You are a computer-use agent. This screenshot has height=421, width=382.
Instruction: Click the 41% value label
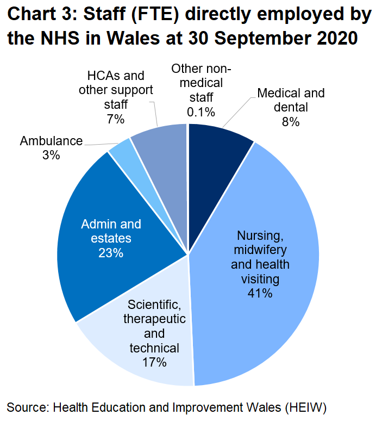(259, 294)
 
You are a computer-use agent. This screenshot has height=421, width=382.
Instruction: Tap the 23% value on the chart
(111, 253)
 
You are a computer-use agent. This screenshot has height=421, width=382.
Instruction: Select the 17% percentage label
(154, 362)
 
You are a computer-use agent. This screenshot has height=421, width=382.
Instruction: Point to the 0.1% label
(201, 112)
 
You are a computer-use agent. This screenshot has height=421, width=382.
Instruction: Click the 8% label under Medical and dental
(291, 122)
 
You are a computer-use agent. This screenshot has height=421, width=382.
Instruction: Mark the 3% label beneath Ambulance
(51, 156)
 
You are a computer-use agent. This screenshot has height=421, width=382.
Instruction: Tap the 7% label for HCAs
(116, 119)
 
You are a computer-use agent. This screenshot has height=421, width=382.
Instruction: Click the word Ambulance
(51, 141)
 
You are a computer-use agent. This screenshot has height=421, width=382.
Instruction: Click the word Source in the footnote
(27, 407)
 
